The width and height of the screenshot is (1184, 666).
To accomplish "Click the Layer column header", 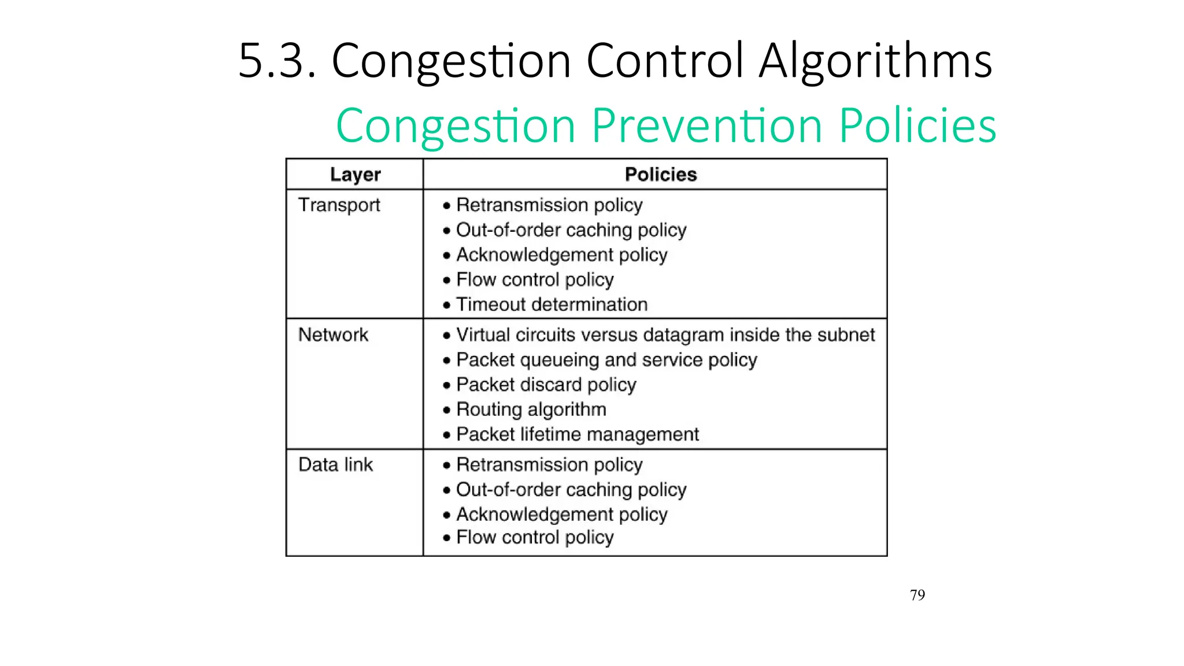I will [355, 175].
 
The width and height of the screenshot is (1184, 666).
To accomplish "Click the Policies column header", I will [661, 175].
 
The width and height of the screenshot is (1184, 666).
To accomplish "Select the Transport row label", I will [339, 205].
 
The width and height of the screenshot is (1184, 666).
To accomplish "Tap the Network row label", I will [333, 335].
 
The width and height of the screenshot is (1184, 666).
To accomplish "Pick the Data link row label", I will [335, 465].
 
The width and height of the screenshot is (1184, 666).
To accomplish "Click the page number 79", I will [917, 595].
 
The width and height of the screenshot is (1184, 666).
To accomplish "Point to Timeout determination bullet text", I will [552, 305].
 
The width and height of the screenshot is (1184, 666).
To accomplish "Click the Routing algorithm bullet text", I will [531, 409].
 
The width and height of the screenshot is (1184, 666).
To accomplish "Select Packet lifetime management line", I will [577, 434].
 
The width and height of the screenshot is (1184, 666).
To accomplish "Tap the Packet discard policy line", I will [546, 385].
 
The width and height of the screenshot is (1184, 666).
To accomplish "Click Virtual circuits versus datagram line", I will [665, 335].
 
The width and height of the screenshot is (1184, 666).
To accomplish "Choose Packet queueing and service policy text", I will [606, 360].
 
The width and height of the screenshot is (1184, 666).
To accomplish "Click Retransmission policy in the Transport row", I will [549, 205].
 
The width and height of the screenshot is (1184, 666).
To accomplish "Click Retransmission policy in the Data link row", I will [549, 465].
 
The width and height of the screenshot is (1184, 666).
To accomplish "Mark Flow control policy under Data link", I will [534, 538].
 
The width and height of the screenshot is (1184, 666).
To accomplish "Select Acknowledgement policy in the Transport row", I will [561, 255].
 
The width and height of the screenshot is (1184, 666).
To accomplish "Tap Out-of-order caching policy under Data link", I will [571, 490].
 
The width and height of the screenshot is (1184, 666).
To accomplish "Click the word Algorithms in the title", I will [875, 61].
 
